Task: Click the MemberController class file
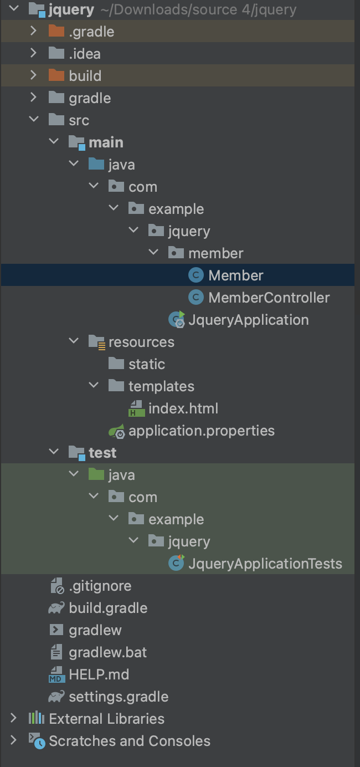pos(269,298)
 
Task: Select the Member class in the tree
pos(235,275)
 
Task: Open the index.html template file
pos(183,408)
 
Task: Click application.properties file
pos(201,431)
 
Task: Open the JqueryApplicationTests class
pos(265,564)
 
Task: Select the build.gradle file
pos(107,608)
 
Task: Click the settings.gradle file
pos(118,697)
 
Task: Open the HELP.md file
pos(99,674)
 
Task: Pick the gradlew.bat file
pos(107,652)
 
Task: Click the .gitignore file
pos(100,586)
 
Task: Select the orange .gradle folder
pos(91,32)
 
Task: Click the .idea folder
pos(84,54)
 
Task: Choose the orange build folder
pos(85,76)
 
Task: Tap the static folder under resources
pos(146,364)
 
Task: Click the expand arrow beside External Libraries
pos(13,718)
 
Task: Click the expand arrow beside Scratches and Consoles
pos(13,740)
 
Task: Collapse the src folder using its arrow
pos(34,120)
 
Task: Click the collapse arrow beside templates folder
pos(94,386)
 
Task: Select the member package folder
pos(215,253)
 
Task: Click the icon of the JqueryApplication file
pos(177,320)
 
